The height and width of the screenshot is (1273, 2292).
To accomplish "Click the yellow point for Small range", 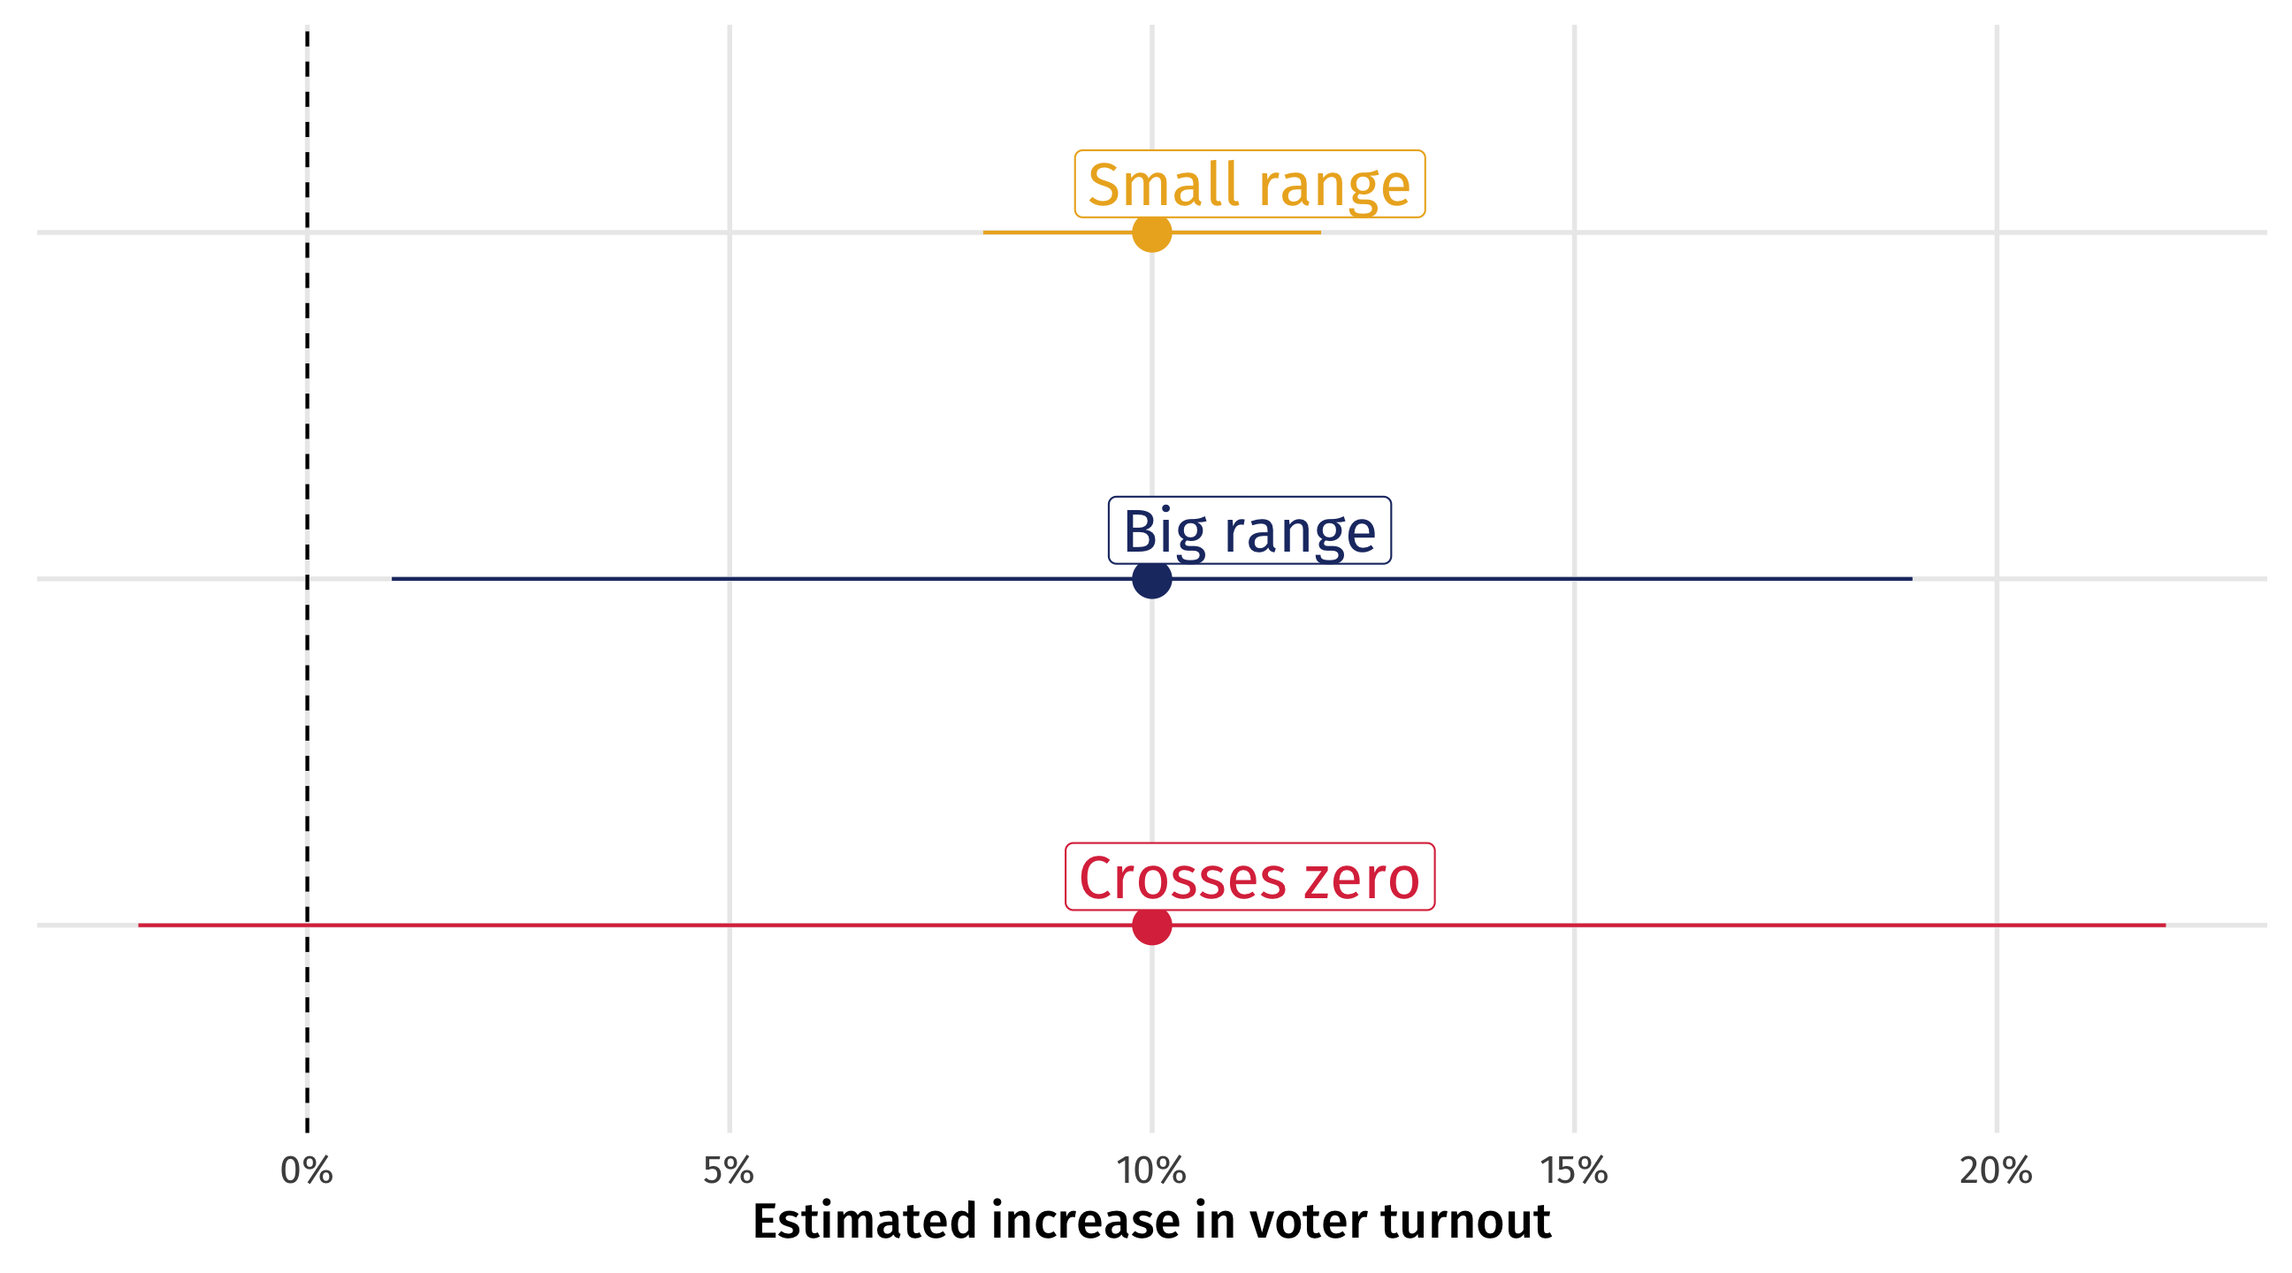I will click(1152, 233).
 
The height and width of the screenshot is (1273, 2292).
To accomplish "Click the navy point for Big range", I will click(1152, 579).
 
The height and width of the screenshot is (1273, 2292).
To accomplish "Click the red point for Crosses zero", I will click(1152, 926).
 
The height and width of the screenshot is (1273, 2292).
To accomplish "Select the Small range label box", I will click(1249, 184).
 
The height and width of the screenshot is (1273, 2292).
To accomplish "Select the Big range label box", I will click(1249, 530).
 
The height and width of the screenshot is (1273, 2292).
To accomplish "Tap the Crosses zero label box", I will click(1249, 876).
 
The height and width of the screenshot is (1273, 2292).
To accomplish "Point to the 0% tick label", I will click(306, 1170).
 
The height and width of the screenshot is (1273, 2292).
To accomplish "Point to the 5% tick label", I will click(729, 1170).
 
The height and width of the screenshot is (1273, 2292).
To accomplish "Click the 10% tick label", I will click(1151, 1170).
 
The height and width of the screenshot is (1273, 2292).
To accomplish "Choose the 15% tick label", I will click(1574, 1170).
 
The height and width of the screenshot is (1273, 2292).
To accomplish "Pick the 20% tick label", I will click(1996, 1170).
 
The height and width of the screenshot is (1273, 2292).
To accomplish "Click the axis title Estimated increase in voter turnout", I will click(1151, 1221).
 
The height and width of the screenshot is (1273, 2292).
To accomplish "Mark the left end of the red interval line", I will click(140, 926).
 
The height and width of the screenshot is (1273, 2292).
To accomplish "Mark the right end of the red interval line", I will click(2164, 926).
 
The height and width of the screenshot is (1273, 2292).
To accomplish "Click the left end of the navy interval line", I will click(393, 579).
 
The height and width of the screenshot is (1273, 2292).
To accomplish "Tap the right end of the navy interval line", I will click(1910, 579).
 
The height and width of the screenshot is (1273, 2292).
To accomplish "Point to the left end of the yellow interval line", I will click(985, 233).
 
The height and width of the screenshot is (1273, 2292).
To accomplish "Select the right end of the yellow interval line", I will click(1319, 233).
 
